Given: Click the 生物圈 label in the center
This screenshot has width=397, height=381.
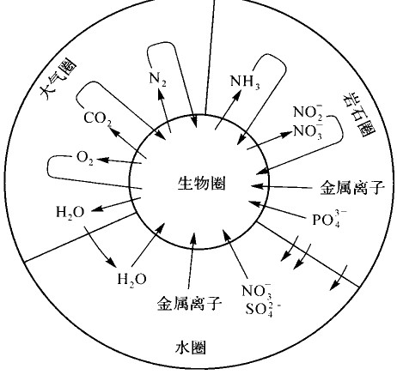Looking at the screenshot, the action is point(201,184).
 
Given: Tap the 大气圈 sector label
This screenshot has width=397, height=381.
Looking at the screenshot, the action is point(58,80).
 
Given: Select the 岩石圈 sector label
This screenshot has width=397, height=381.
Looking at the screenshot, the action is point(358,115).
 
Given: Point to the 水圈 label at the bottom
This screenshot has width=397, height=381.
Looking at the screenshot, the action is point(191,348).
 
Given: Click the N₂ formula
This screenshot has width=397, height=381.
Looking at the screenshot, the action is point(158,79).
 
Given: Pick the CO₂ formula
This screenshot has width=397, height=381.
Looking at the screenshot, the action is point(97,118).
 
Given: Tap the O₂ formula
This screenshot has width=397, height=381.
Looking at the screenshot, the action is point(85,158).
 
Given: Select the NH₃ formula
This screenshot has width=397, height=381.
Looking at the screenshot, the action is point(245,82).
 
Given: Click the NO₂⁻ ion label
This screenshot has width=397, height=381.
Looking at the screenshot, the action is point(308,112).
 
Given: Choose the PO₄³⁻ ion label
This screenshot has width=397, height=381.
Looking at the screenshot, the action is point(329,220).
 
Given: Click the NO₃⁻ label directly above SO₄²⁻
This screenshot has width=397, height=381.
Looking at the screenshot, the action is point(257,291).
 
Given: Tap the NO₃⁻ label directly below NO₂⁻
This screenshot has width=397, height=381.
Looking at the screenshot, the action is point(308,131).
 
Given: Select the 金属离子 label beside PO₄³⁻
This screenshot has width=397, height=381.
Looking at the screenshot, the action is point(352,188).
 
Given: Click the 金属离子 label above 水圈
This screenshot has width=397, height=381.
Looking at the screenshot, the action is point(190,304).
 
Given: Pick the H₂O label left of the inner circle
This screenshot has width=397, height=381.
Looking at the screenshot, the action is point(70,213).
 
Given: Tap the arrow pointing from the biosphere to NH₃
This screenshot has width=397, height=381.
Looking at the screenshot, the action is point(228,111).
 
